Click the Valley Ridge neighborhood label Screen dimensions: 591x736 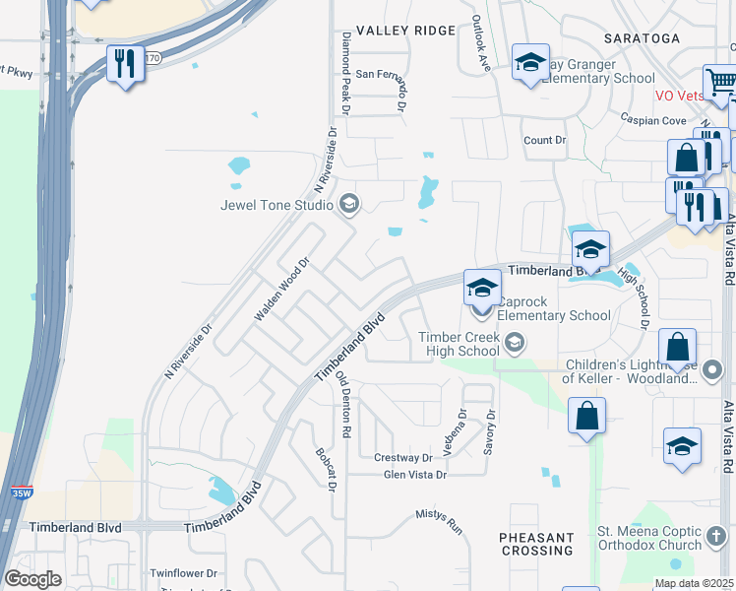[x=406, y=31]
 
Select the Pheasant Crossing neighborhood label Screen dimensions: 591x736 [x=536, y=545]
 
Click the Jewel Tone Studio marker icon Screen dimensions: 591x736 [x=347, y=205]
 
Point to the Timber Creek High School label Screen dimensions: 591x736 [x=460, y=344]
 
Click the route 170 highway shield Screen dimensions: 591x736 [x=152, y=58]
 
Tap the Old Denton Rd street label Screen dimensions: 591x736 [x=343, y=404]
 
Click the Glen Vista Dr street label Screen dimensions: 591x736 [x=414, y=475]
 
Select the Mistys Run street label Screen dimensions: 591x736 [x=439, y=521]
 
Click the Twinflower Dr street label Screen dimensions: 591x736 [x=183, y=572]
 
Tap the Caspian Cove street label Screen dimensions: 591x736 [x=653, y=120]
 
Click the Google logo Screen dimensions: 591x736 [x=32, y=579]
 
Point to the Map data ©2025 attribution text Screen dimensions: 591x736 [x=694, y=583]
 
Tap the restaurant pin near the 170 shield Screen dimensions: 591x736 [x=125, y=65]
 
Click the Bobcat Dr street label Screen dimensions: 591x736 [x=327, y=470]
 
